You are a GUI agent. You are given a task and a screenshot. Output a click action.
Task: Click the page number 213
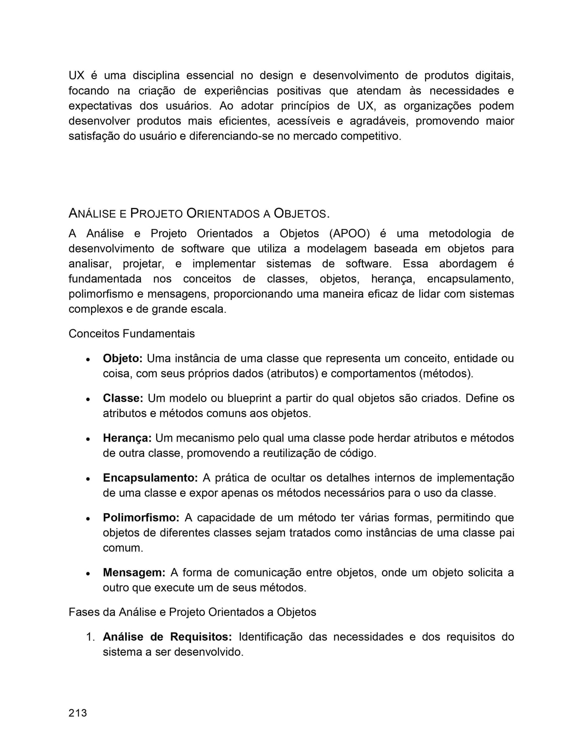tap(77, 713)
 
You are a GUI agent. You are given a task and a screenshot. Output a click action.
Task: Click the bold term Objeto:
tap(123, 359)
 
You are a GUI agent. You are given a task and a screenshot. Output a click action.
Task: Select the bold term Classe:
tap(123, 398)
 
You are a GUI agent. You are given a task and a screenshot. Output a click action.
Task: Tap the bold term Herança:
tap(127, 438)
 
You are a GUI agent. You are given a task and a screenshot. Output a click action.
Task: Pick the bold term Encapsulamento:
tap(150, 478)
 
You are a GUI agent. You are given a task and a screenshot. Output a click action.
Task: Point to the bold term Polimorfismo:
tap(141, 518)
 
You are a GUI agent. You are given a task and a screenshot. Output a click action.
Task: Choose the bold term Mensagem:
tap(134, 573)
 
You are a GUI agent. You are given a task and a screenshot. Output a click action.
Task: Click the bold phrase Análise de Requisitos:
tap(167, 637)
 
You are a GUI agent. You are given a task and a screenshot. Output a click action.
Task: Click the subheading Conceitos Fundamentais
tap(132, 334)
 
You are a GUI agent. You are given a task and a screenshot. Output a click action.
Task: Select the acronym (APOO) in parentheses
tap(349, 234)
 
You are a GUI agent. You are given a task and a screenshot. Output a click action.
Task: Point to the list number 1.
tap(90, 637)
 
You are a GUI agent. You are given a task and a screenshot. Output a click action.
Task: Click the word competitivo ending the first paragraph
tap(371, 136)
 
